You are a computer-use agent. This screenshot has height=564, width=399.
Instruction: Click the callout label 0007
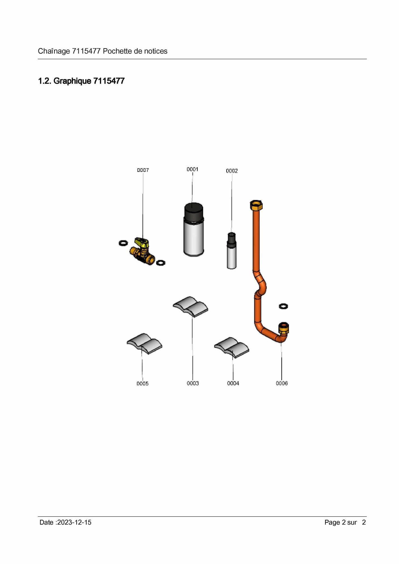click(x=143, y=170)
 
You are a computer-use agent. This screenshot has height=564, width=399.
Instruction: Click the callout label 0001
click(x=192, y=169)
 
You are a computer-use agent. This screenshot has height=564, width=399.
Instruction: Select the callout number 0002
click(x=232, y=171)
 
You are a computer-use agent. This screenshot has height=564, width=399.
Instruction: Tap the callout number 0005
click(x=142, y=384)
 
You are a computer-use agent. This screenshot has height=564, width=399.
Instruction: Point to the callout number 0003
click(x=193, y=383)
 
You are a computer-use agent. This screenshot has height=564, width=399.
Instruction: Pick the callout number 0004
click(x=233, y=383)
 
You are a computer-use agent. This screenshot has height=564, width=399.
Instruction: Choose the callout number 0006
click(x=282, y=383)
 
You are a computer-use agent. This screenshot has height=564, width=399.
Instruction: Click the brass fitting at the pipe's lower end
click(x=284, y=329)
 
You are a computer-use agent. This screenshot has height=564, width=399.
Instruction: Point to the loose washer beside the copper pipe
click(x=284, y=306)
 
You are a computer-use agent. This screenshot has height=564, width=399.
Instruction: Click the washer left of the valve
click(x=123, y=243)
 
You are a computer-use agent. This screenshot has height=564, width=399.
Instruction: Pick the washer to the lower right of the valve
click(x=161, y=263)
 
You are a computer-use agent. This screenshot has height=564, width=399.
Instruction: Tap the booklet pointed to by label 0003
click(x=190, y=306)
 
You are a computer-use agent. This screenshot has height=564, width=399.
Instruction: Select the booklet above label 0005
click(x=144, y=343)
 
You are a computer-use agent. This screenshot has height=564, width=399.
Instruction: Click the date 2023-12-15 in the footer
click(x=74, y=522)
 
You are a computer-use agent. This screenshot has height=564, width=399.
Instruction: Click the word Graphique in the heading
click(x=72, y=81)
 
